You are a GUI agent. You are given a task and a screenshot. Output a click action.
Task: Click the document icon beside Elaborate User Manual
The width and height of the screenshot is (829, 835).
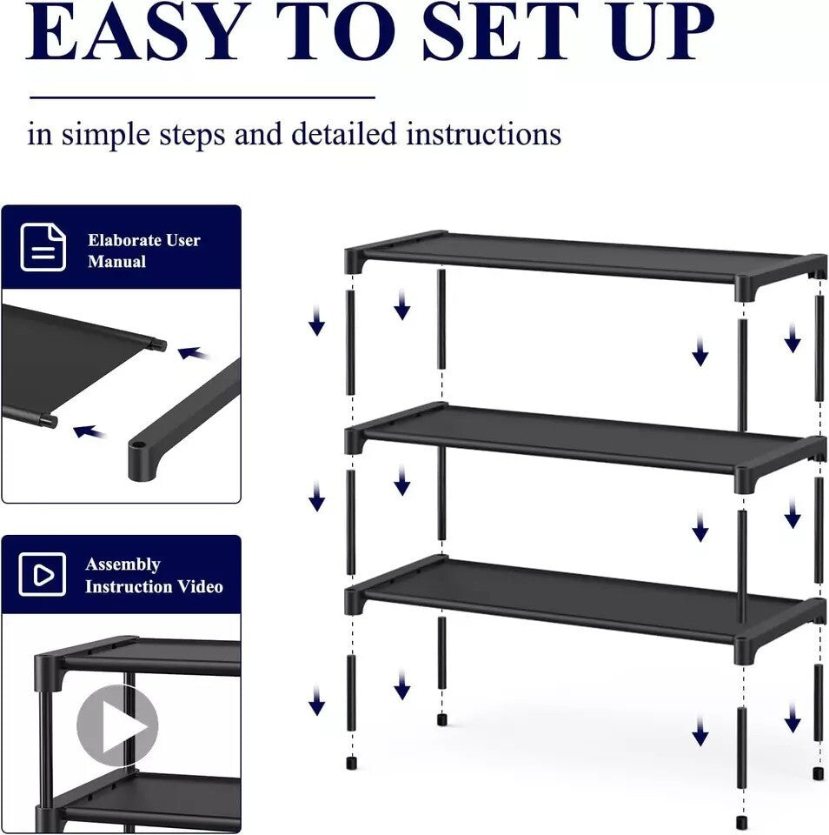point(43,248)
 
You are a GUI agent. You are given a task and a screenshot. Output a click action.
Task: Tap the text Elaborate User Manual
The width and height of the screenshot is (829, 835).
point(143,250)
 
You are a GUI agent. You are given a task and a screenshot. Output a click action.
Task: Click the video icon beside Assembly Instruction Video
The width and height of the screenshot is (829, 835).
point(43,575)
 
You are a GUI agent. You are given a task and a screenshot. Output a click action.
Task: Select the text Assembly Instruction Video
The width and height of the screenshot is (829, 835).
point(153,576)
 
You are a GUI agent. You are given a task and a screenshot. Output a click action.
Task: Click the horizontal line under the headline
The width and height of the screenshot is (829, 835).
point(202,97)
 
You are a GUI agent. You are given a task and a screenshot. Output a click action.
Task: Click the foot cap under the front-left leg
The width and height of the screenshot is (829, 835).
point(352,765)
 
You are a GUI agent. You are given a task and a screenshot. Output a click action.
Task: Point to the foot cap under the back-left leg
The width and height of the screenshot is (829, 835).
point(441,720)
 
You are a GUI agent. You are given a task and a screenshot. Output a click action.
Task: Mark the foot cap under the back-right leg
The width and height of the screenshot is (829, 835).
point(818,772)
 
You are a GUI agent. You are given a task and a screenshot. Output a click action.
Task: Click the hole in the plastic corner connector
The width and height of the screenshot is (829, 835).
point(136,453)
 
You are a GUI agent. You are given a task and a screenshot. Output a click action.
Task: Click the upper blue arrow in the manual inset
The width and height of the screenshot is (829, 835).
point(193,353)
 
